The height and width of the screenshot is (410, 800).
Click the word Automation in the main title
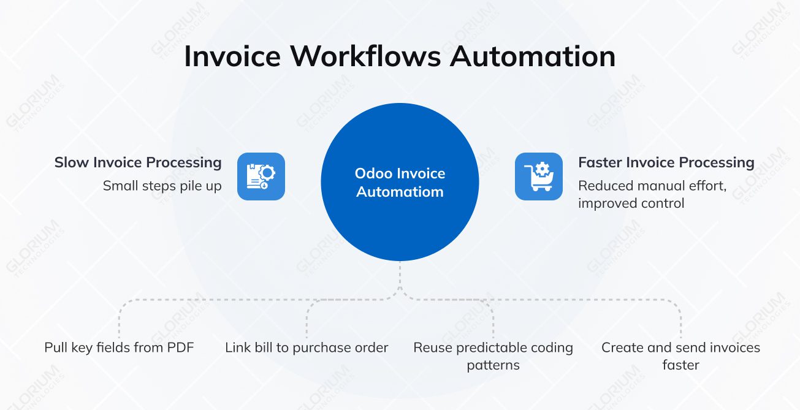pyautogui.click(x=533, y=56)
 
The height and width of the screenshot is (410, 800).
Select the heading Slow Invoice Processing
pyautogui.click(x=138, y=162)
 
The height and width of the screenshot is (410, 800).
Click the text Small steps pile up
pyautogui.click(x=162, y=186)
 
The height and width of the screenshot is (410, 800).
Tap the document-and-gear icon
pyautogui.click(x=261, y=177)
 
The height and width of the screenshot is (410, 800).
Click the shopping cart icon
pyautogui.click(x=538, y=177)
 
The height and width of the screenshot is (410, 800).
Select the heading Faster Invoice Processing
pyautogui.click(x=666, y=162)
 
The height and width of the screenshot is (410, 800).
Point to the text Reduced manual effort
pyautogui.click(x=652, y=186)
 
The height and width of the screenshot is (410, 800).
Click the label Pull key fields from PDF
pyautogui.click(x=119, y=348)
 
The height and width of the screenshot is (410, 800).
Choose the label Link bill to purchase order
pyautogui.click(x=307, y=348)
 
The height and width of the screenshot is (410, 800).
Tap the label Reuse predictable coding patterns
pyautogui.click(x=493, y=356)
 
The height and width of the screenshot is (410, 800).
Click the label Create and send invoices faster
pyautogui.click(x=680, y=356)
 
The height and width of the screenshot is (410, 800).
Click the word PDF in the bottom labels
pyautogui.click(x=180, y=348)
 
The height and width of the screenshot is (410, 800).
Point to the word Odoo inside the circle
pyautogui.click(x=370, y=173)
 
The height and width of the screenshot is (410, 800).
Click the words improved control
pyautogui.click(x=631, y=203)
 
